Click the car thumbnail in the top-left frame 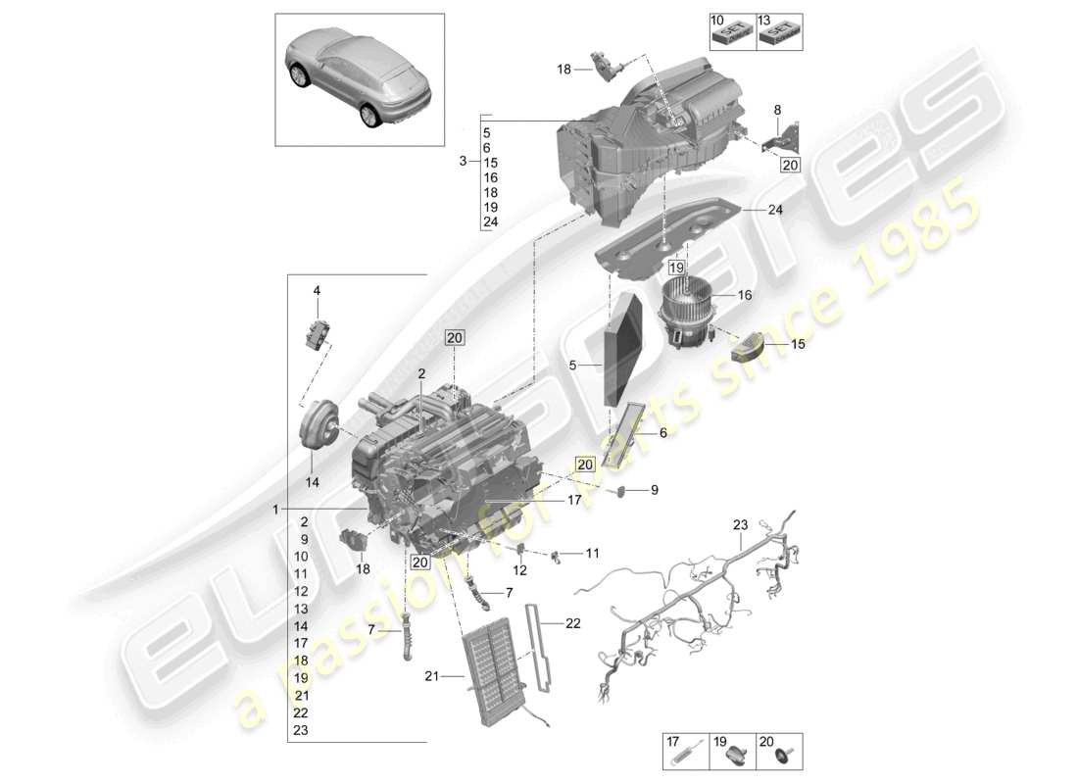(360, 75)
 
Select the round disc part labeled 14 (319, 426)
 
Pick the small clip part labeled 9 (619, 489)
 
